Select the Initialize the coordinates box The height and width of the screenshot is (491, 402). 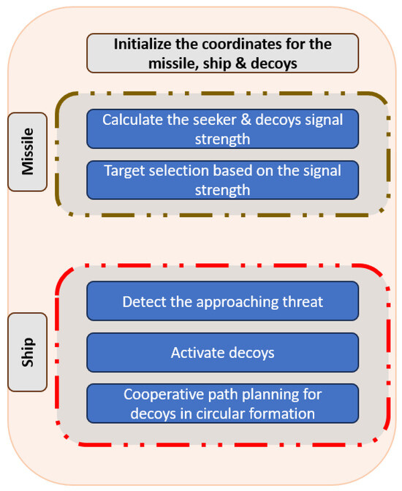click(222, 53)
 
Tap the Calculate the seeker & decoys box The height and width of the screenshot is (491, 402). click(222, 129)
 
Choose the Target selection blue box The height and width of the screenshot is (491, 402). click(222, 179)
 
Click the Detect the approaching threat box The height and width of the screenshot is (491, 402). click(222, 301)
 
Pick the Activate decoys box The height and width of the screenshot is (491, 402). click(222, 352)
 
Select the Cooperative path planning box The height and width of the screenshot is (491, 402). click(222, 403)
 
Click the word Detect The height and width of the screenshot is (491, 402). click(143, 301)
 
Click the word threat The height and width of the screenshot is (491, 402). click(304, 301)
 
